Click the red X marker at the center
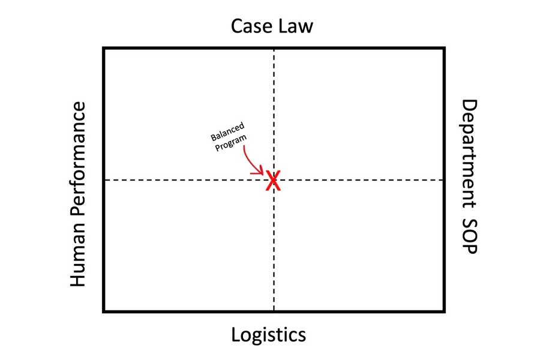[273, 180]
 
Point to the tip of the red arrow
[263, 175]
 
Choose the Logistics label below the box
[269, 334]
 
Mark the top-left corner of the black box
[104, 48]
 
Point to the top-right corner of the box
[444, 48]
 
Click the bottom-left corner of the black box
[104, 311]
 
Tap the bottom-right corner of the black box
[444, 311]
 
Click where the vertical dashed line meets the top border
[274, 48]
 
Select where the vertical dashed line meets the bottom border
[274, 311]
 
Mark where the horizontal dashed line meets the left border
[104, 180]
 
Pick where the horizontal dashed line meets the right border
[444, 180]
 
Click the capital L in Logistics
[236, 334]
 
